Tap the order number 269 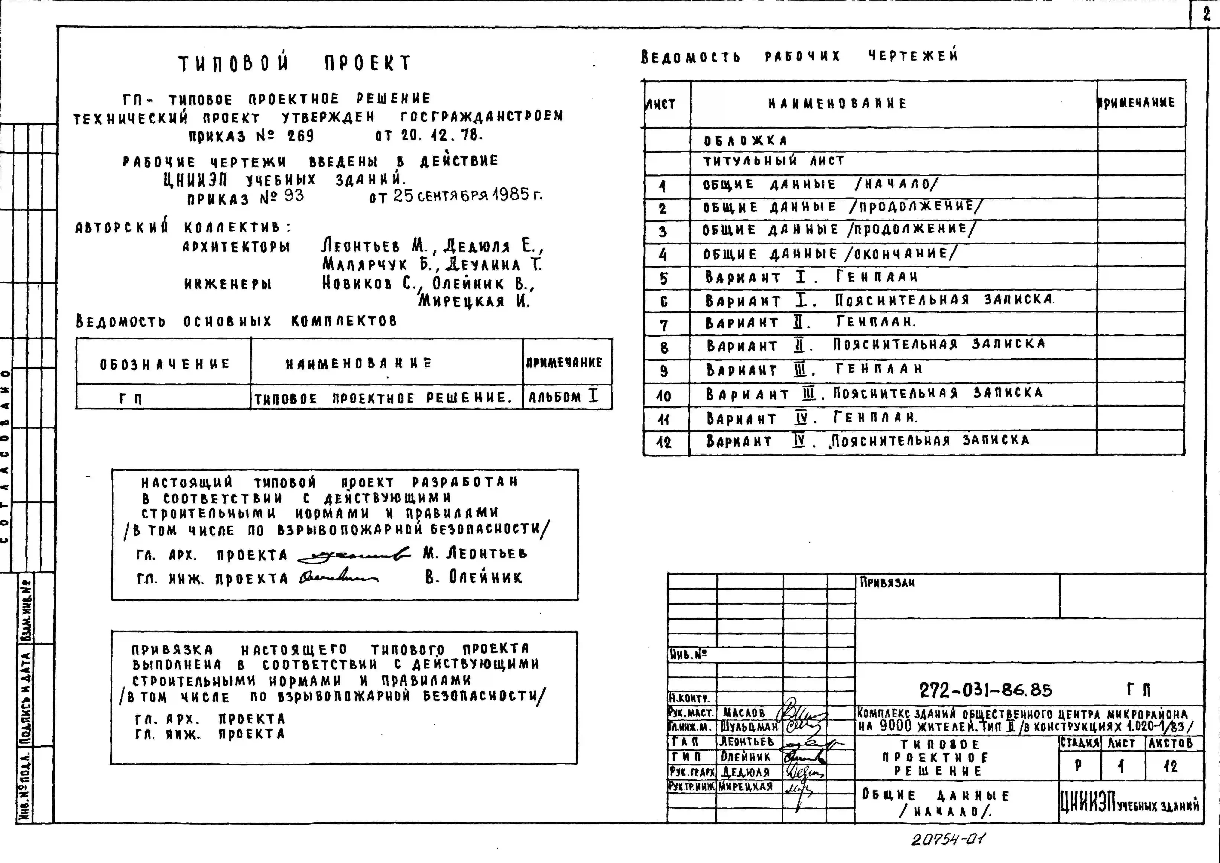[x=301, y=136]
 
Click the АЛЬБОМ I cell [x=563, y=397]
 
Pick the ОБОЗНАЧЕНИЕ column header [x=165, y=364]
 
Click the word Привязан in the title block [x=887, y=582]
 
